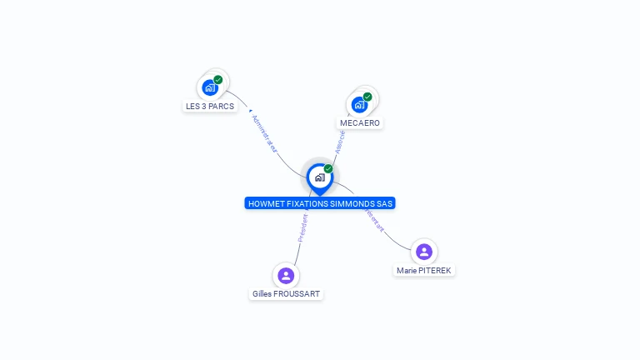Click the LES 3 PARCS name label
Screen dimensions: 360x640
[210, 107]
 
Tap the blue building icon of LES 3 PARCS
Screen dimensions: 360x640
[210, 87]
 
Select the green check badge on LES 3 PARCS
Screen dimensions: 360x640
[218, 80]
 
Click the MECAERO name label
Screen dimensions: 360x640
[360, 123]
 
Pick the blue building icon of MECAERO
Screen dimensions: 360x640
[359, 104]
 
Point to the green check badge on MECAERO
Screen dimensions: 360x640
[367, 97]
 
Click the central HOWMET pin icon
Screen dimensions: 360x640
[319, 177]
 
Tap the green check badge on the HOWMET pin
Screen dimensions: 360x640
[328, 169]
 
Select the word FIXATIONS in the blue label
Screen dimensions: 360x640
[309, 203]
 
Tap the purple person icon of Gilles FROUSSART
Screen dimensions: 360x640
[286, 275]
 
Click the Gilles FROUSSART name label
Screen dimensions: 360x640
[286, 294]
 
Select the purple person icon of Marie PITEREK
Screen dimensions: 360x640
[424, 251]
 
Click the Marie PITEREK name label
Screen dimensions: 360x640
[425, 270]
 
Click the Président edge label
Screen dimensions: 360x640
[303, 227]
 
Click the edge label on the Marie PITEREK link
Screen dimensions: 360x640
[375, 220]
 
